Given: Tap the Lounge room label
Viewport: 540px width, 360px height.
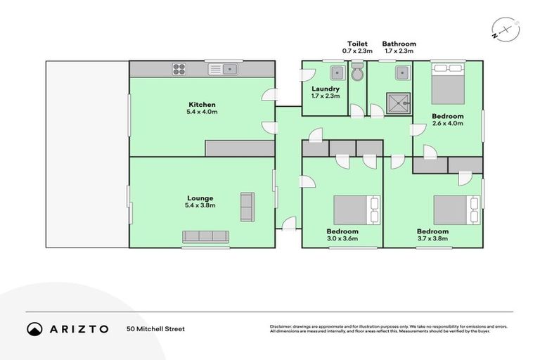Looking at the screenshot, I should coord(200,198).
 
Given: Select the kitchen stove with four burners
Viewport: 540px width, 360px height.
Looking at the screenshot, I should coord(179,69).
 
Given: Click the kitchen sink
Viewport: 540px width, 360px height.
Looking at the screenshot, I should coord(229,69).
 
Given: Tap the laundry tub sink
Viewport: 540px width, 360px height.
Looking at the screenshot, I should coord(336,72).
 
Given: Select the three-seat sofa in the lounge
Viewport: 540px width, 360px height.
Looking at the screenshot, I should coord(206,236).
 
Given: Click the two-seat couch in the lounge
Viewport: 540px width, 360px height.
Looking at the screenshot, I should coord(247,207).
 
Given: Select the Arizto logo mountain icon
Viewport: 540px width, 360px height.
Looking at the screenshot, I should coord(34,328).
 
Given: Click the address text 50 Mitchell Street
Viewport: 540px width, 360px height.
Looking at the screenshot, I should coord(155,328).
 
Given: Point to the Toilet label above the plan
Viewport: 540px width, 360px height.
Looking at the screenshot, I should coord(357,44).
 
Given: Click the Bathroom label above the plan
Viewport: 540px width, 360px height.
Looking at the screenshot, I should coord(399,44).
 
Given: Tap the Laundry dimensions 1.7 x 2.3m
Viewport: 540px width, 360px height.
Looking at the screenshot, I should coord(326,96).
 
